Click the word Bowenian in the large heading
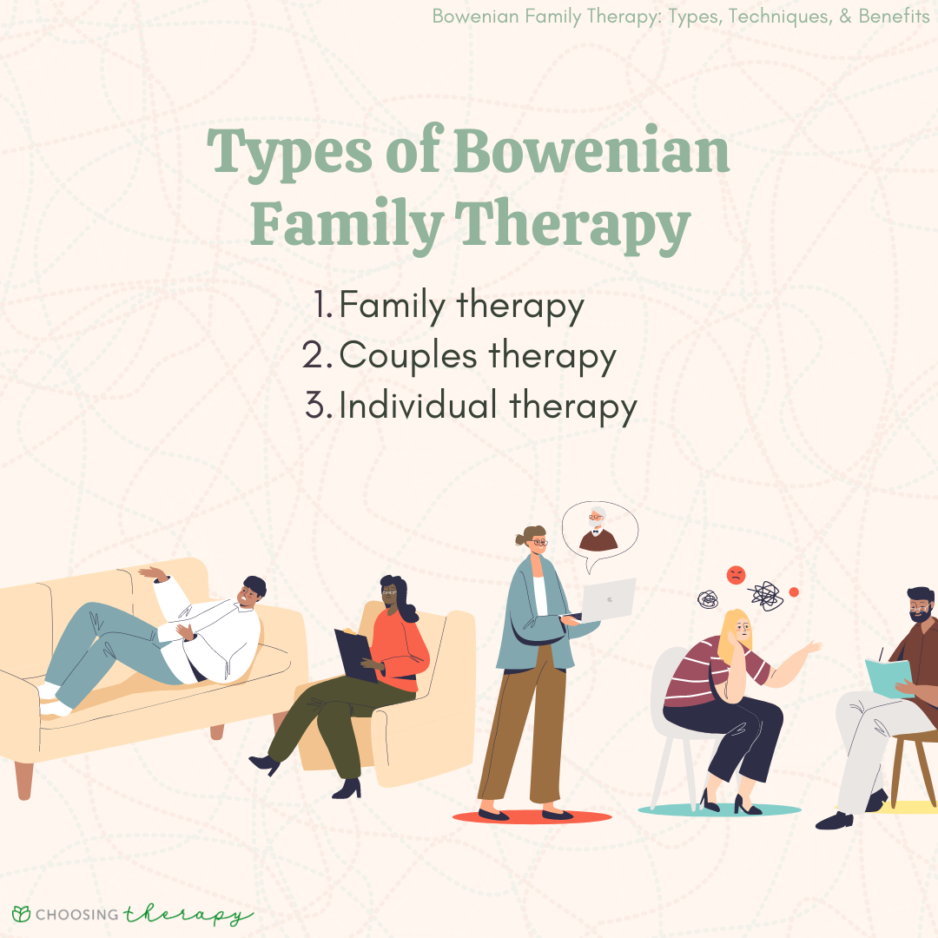591,151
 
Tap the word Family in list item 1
393,307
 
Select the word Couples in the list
408,355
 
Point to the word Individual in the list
418,405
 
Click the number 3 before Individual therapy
315,405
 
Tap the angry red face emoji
736,575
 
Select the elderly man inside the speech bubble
598,529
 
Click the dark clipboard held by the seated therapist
355,655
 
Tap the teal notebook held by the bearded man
889,677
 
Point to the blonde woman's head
737,631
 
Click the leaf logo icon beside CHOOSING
21,914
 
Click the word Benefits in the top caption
894,17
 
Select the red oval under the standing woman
532,816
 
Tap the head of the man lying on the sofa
252,591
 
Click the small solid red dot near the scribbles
794,592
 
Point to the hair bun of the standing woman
520,539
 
